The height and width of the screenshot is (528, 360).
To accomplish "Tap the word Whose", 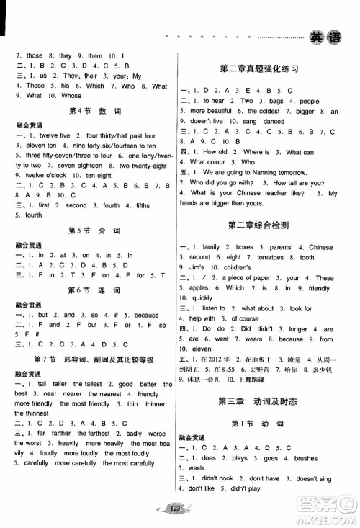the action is point(72,96).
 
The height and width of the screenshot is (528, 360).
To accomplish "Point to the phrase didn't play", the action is point(245,488).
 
